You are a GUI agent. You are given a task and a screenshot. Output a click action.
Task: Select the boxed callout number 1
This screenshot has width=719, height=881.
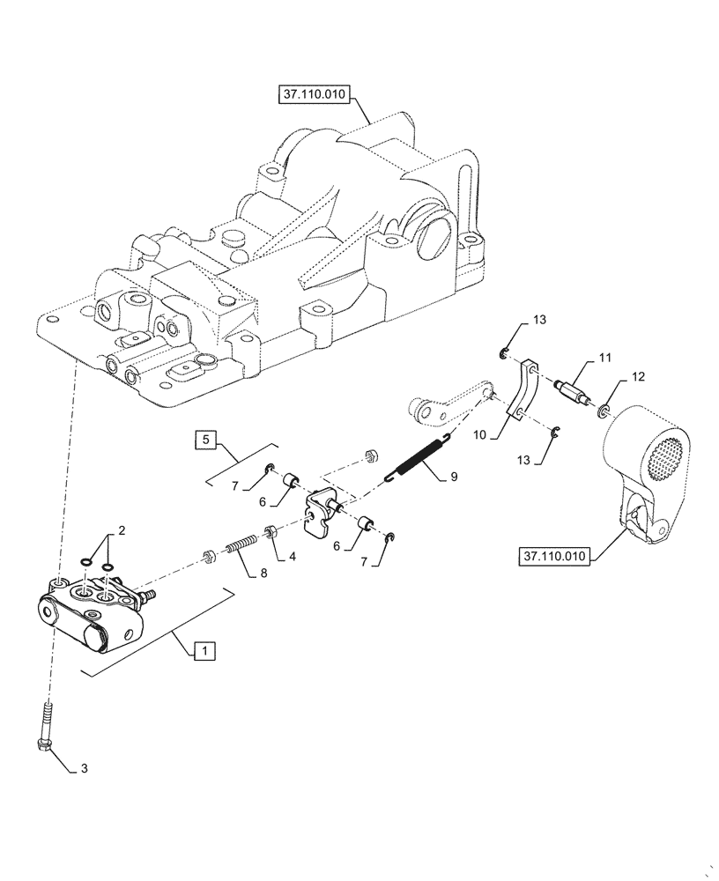(x=203, y=651)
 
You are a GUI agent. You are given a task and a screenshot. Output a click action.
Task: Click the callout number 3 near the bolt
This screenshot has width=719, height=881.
(x=85, y=768)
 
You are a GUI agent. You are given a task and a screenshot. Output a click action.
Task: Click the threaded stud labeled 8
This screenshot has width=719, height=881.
(x=233, y=548)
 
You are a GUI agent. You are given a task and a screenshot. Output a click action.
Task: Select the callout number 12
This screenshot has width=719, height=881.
(x=637, y=376)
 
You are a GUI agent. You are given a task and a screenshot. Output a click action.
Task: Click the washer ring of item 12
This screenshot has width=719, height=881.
(x=604, y=411)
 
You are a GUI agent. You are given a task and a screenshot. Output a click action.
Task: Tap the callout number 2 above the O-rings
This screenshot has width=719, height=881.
(x=122, y=530)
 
